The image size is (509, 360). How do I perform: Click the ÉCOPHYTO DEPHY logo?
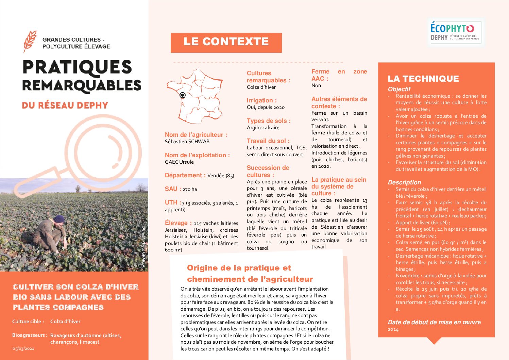tap(455, 32)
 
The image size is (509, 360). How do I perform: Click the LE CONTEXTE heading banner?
tap(226, 42)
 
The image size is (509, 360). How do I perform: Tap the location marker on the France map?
tap(183, 95)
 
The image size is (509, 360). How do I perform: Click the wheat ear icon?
tap(30, 41)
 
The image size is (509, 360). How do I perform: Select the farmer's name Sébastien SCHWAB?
tap(187, 142)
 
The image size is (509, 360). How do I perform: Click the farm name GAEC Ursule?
tap(179, 162)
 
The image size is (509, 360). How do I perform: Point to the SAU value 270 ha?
tap(190, 189)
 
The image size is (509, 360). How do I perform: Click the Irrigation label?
tap(261, 100)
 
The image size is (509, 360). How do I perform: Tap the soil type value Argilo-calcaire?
tap(263, 128)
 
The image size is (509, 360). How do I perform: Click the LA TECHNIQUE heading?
tap(423, 79)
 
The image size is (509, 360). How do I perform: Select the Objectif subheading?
tap(399, 89)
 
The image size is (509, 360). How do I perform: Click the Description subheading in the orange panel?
tap(404, 182)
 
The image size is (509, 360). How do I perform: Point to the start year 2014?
tap(393, 329)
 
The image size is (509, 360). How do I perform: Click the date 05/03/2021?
tap(23, 348)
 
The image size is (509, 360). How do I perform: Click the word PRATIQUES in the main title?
tap(77, 67)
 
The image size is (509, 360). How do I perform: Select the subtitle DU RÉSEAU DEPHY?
tap(65, 105)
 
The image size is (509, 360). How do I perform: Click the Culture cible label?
tap(28, 322)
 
